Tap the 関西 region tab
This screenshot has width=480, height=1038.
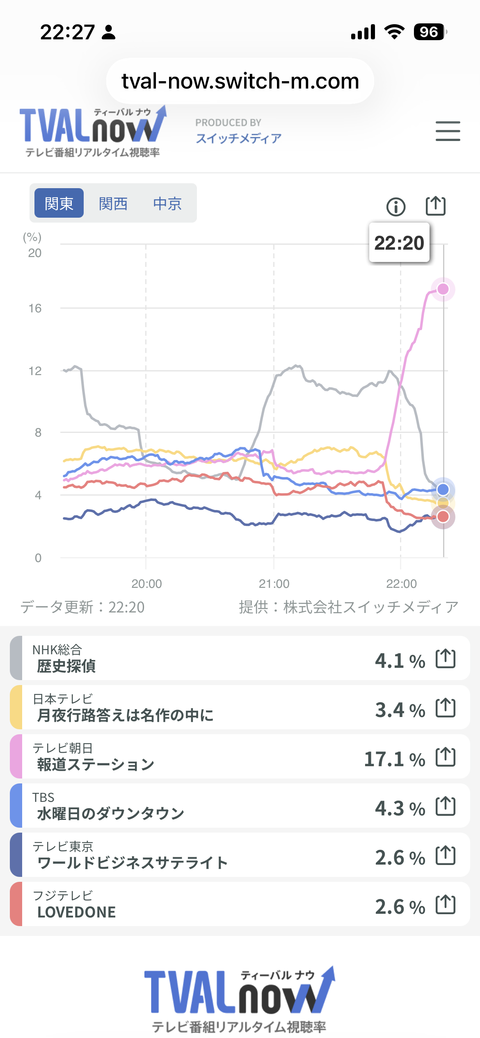click(113, 203)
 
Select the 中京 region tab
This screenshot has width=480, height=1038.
click(167, 203)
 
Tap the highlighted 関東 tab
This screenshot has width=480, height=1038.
click(59, 203)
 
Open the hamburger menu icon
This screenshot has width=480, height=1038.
click(448, 131)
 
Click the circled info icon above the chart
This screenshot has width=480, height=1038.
click(396, 207)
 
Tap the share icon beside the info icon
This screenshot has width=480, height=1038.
click(435, 206)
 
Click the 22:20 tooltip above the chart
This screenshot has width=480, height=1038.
click(399, 243)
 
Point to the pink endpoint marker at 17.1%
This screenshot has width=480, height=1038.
click(443, 289)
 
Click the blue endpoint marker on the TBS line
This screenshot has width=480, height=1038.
click(443, 489)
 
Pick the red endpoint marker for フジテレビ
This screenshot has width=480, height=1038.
click(443, 517)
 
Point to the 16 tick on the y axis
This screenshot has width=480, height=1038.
click(35, 308)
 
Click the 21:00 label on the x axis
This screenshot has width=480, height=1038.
click(274, 584)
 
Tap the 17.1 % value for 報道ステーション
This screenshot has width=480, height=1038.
click(394, 759)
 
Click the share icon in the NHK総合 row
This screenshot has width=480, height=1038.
click(446, 659)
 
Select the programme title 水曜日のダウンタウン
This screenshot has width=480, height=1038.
click(111, 814)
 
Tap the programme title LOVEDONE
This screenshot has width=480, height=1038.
click(77, 912)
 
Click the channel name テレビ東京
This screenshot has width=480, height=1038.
click(63, 847)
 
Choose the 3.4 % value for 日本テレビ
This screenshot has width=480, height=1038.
click(400, 710)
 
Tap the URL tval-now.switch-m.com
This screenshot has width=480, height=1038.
click(240, 81)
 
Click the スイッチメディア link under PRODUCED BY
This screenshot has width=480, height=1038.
click(238, 139)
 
